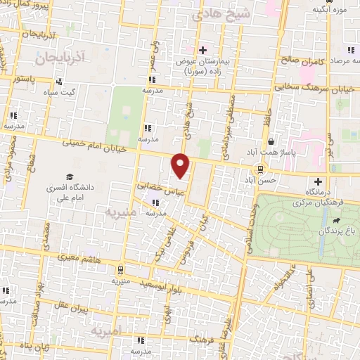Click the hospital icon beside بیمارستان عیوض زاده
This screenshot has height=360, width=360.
click(x=202, y=50)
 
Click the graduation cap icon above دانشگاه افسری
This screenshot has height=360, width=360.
click(x=69, y=176)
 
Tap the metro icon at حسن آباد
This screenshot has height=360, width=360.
click(x=260, y=169)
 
